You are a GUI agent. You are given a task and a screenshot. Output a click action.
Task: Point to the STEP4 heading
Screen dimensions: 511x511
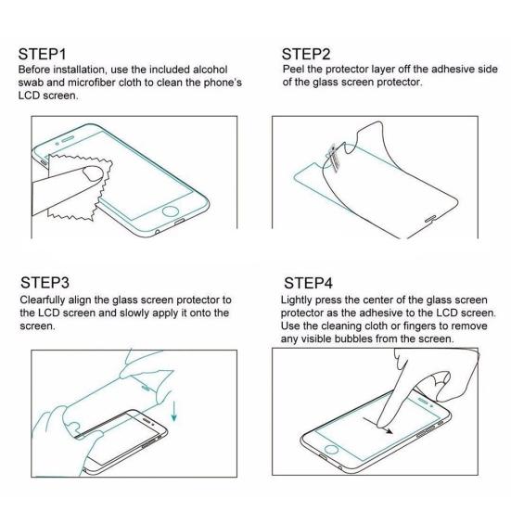pyautogui.click(x=309, y=281)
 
